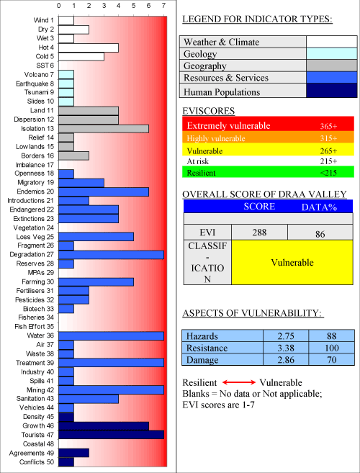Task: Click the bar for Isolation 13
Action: coord(104,129)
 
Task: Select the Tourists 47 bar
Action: coord(111,435)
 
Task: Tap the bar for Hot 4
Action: coord(89,48)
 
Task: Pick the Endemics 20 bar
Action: coord(104,192)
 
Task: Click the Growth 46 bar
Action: coord(104,426)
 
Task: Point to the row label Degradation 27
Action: coord(32,255)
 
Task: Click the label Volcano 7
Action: coord(39,74)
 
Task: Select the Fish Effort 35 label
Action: coord(34,327)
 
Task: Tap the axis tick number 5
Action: coord(134,6)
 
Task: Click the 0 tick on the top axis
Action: coord(59,6)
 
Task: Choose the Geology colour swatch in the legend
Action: coord(332,54)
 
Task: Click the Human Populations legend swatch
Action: coord(332,91)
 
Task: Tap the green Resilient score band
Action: coord(268,173)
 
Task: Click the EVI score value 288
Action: coord(259,233)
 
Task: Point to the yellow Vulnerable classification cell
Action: coord(292,262)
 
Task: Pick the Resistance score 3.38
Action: coord(286,348)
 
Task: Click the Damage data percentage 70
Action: coord(331,360)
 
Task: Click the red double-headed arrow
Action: coord(239,382)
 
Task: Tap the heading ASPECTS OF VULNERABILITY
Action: coord(253,313)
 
